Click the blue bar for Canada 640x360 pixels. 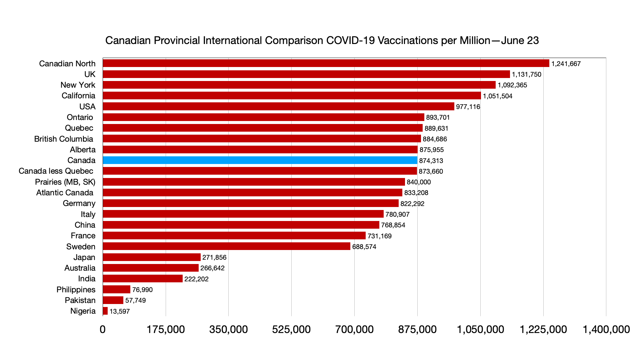pyautogui.click(x=260, y=160)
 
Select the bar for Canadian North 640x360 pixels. pyautogui.click(x=326, y=63)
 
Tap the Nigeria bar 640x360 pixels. pyautogui.click(x=105, y=311)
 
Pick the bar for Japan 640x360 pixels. pyautogui.click(x=152, y=257)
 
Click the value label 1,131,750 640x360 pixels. pyautogui.click(x=527, y=74)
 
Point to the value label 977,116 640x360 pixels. pyautogui.click(x=468, y=107)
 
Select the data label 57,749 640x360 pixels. pyautogui.click(x=135, y=300)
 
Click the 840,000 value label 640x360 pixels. pyautogui.click(x=419, y=182)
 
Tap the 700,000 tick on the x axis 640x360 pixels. pyautogui.click(x=354, y=329)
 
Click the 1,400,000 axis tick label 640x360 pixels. pyautogui.click(x=606, y=329)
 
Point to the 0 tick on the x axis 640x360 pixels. pyautogui.click(x=103, y=329)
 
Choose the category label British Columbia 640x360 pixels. pyautogui.click(x=64, y=139)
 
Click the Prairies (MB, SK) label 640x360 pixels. pyautogui.click(x=65, y=182)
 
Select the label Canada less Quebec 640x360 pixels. pyautogui.click(x=56, y=171)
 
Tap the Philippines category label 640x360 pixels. pyautogui.click(x=76, y=290)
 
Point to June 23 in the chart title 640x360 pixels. pyautogui.click(x=520, y=40)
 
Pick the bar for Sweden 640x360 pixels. pyautogui.click(x=227, y=246)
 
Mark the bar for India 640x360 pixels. pyautogui.click(x=143, y=279)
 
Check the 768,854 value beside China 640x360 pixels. pyautogui.click(x=393, y=225)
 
